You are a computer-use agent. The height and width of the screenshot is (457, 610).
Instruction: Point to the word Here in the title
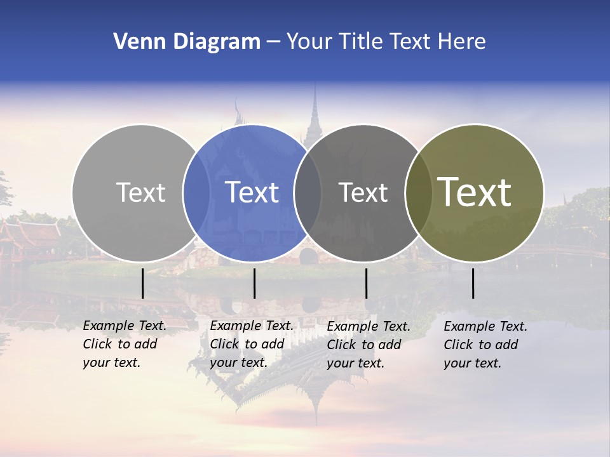pyautogui.click(x=463, y=41)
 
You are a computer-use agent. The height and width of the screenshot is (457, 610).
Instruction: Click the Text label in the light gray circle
pyautogui.click(x=140, y=192)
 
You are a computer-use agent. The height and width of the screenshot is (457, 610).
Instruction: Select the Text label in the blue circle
pyautogui.click(x=252, y=192)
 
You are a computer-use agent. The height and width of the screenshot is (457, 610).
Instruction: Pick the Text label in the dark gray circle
pyautogui.click(x=363, y=192)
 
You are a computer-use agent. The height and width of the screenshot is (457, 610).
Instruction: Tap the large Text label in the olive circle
pyautogui.click(x=475, y=192)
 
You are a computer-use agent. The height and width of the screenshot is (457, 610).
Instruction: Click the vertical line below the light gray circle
pyautogui.click(x=143, y=283)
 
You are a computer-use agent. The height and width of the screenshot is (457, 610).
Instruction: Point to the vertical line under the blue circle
pyautogui.click(x=254, y=283)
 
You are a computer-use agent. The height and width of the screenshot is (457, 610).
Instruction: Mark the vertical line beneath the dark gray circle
pyautogui.click(x=366, y=283)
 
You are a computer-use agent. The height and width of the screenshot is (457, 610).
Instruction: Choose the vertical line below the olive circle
pyautogui.click(x=473, y=283)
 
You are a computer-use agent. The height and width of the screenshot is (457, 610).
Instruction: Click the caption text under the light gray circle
pyautogui.click(x=124, y=344)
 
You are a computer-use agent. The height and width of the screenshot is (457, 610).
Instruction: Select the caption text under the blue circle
pyautogui.click(x=251, y=344)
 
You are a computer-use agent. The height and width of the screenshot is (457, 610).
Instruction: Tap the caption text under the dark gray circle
pyautogui.click(x=368, y=345)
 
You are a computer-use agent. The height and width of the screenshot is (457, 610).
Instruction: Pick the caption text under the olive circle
pyautogui.click(x=485, y=345)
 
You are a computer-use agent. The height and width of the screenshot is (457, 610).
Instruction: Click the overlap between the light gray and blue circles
pyautogui.click(x=196, y=192)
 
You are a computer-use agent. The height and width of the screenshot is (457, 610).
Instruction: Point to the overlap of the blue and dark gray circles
pyautogui.click(x=308, y=192)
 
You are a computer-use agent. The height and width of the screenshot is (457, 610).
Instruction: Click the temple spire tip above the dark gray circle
pyautogui.click(x=314, y=86)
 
